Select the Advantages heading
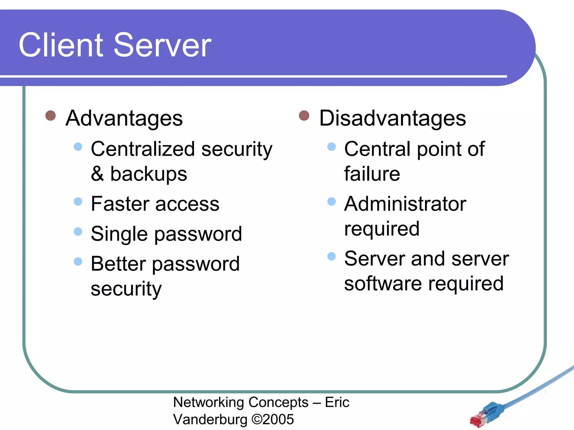coord(124,118)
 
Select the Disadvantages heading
coord(392,118)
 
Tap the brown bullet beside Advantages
coord(50,115)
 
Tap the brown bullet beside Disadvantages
coord(304,115)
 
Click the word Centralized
coord(143,149)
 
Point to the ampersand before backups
coord(97,174)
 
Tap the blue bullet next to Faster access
coord(78,202)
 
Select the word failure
coord(372,174)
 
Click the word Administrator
coord(405,204)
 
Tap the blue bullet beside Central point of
coord(332,147)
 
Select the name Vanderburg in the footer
coord(210,419)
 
